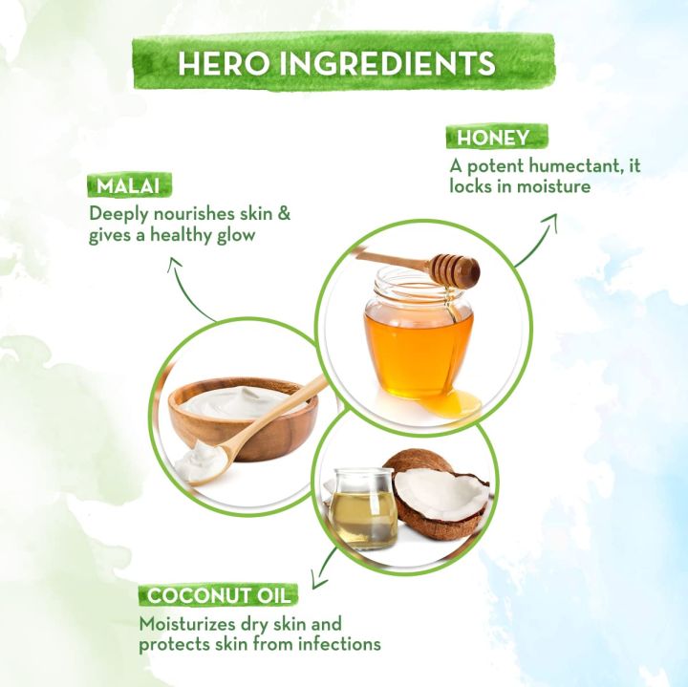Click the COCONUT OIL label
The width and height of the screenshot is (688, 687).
click(x=220, y=595)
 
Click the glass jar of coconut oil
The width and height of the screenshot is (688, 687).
click(x=361, y=506)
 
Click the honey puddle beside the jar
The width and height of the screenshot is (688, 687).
click(x=448, y=404)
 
